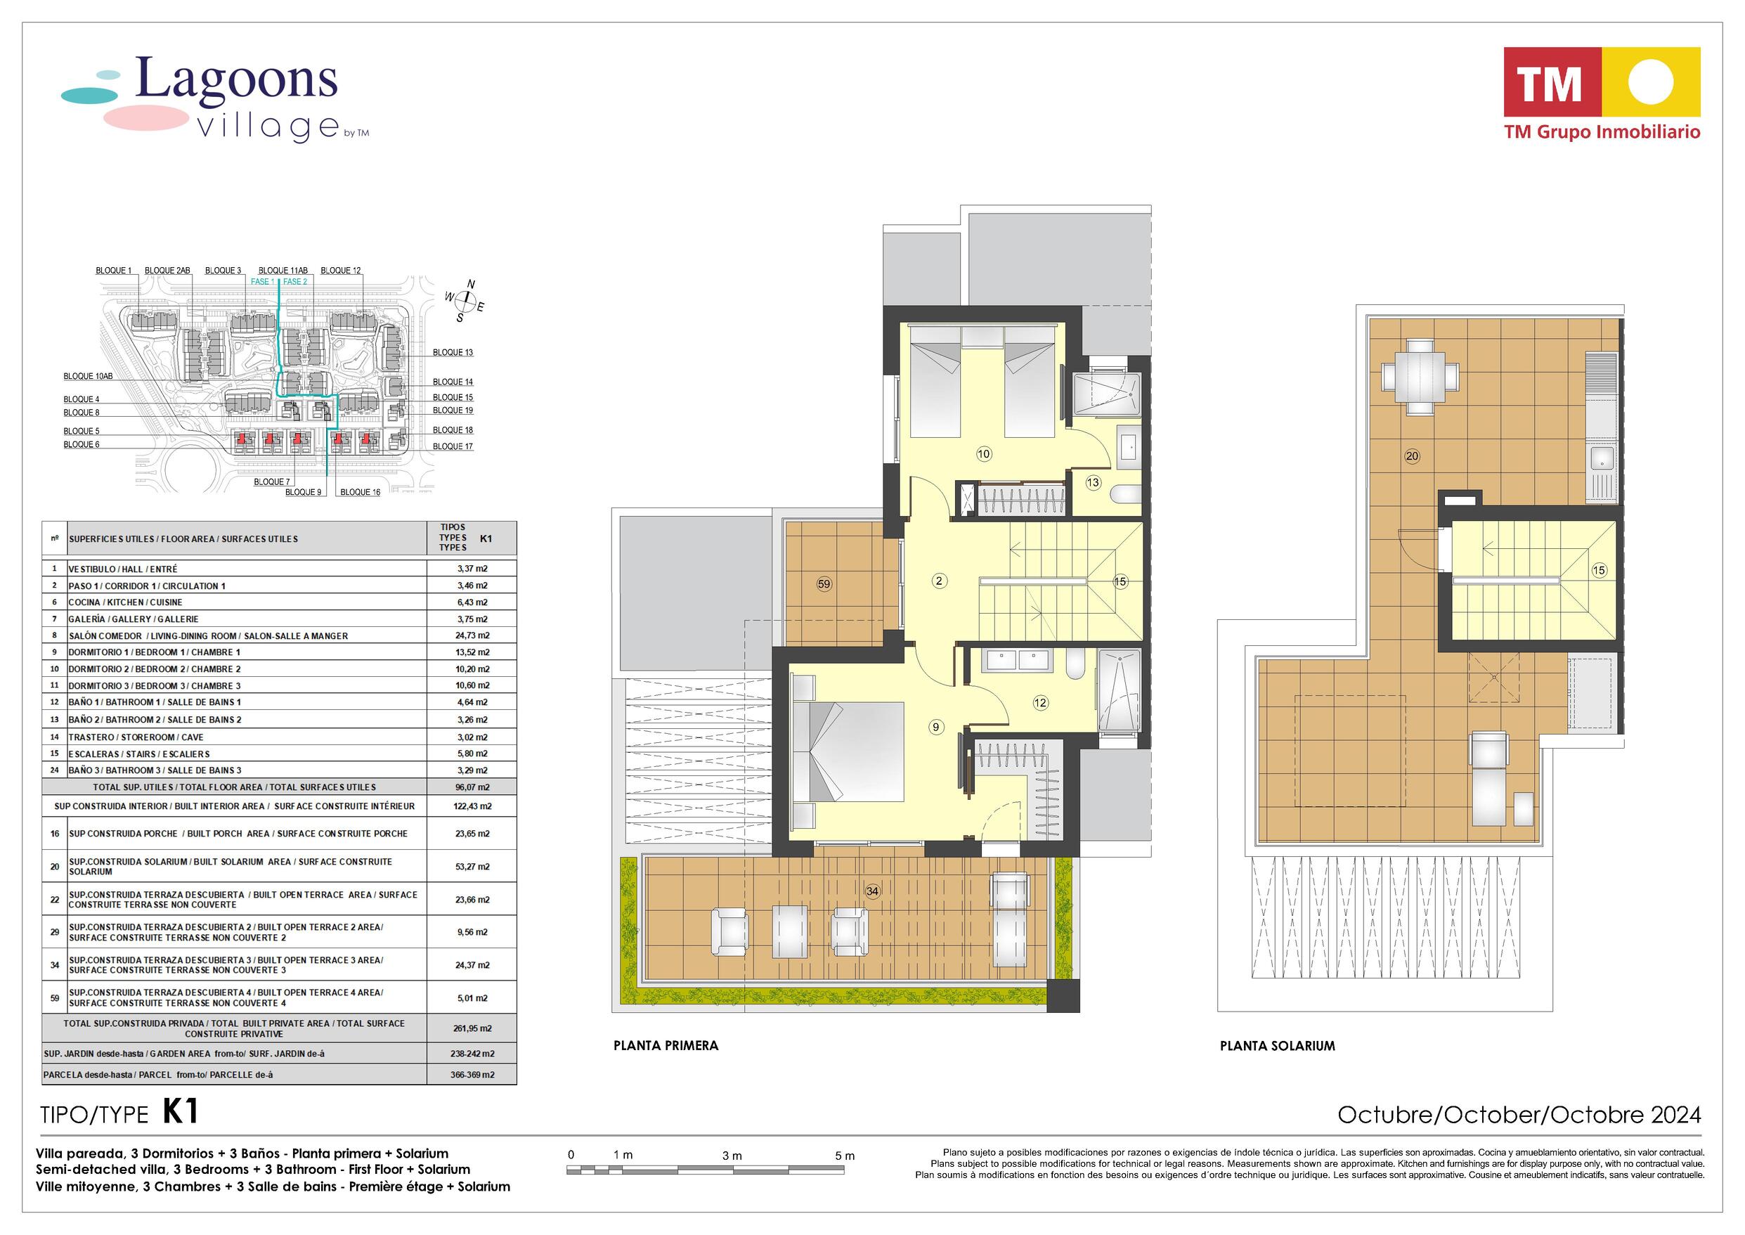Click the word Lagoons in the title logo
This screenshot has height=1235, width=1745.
tap(236, 79)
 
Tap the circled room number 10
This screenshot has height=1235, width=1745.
tap(984, 454)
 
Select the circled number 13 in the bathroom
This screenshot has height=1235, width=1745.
tap(1093, 482)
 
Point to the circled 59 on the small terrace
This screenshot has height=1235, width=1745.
tap(824, 584)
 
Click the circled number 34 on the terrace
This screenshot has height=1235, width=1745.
tap(873, 891)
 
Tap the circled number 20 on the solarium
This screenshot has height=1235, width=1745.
tap(1412, 456)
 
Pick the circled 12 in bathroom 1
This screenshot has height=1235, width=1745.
tap(1040, 704)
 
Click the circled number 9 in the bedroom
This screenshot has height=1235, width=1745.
tap(936, 727)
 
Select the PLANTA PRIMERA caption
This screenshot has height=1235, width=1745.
tap(666, 1046)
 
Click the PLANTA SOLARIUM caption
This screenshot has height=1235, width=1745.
tap(1278, 1046)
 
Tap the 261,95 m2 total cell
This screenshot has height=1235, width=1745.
tap(472, 1028)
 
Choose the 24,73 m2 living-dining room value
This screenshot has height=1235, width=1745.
tap(472, 635)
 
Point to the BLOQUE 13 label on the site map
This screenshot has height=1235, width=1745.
tap(453, 352)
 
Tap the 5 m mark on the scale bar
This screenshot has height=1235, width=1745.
tap(845, 1156)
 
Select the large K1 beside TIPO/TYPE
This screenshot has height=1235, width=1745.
tap(181, 1112)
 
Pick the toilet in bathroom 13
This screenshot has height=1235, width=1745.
tap(1125, 496)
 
